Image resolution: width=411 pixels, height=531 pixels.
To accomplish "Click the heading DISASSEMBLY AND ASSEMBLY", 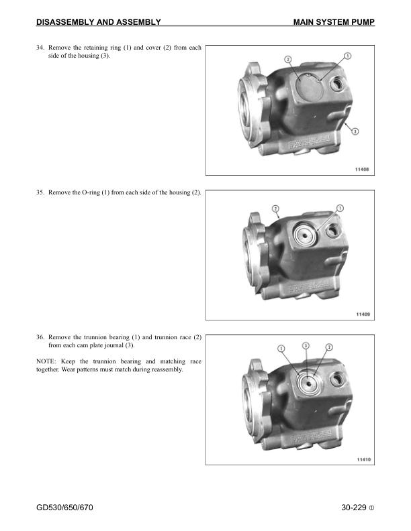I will pos(98,23).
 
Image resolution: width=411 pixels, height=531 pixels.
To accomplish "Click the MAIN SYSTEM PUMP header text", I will pos(334,23).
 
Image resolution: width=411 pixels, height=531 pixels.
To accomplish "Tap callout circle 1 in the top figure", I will pos(348,55).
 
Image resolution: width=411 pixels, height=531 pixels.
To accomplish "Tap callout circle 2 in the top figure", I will pos(287,59).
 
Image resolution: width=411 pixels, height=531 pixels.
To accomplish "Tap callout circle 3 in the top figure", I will pos(355,131).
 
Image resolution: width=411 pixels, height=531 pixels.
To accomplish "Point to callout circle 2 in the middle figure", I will pos(276,209).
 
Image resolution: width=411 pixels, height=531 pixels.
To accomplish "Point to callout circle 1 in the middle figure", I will pos(340,209).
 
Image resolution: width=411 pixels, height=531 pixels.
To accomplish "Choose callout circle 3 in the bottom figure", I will pos(306,345).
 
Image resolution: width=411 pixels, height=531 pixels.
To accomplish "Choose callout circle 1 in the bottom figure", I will pos(281,347).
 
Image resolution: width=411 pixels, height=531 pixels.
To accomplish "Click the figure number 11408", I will pos(363,169).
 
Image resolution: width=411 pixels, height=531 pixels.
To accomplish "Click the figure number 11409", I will pos(363,314).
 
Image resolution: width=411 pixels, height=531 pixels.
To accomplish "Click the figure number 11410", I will pos(363,459).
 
